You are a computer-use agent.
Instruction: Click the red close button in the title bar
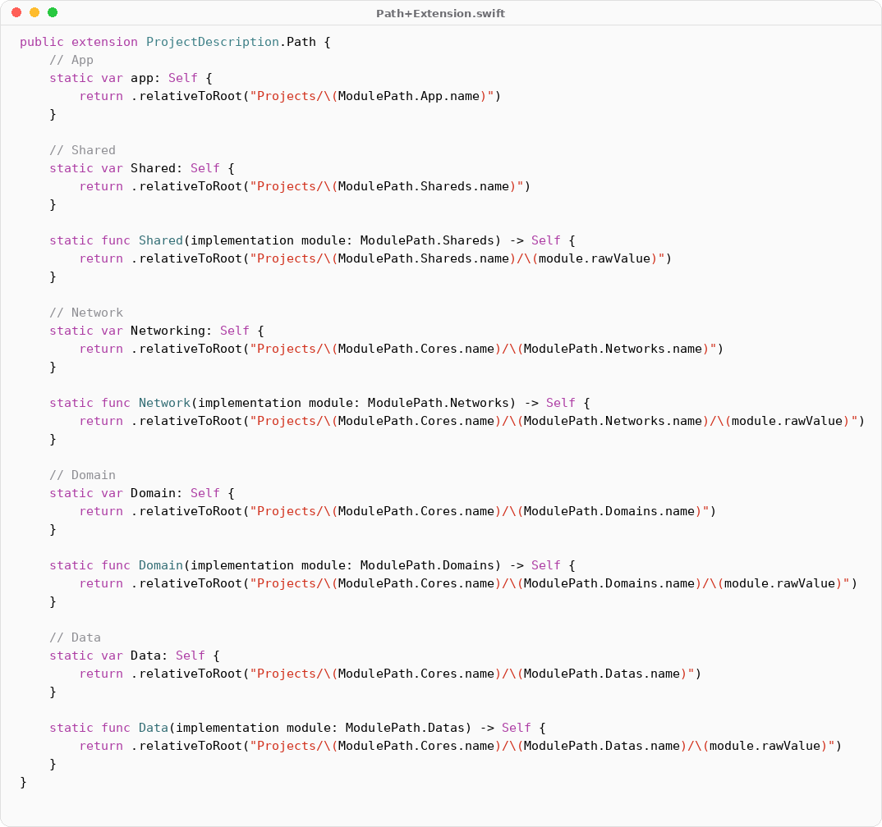click(x=16, y=12)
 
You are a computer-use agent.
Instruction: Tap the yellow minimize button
click(x=34, y=12)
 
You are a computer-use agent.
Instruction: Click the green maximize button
click(x=53, y=12)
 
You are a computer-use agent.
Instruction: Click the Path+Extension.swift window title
click(x=440, y=13)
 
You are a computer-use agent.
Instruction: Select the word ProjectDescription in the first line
click(x=213, y=42)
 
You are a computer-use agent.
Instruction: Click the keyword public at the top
click(x=42, y=42)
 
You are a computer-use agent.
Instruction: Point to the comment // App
click(x=71, y=60)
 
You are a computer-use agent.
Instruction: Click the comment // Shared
click(x=82, y=150)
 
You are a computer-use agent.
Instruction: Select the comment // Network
click(x=86, y=313)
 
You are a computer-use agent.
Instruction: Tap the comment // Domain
click(x=82, y=475)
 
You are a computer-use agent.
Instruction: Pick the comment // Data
click(x=75, y=637)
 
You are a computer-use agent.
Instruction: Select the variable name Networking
click(x=172, y=331)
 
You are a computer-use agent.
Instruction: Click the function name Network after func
click(x=164, y=403)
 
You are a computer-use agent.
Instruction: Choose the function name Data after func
click(x=153, y=728)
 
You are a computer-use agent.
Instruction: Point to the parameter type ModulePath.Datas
click(x=408, y=728)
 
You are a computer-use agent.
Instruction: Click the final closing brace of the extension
click(x=24, y=782)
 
